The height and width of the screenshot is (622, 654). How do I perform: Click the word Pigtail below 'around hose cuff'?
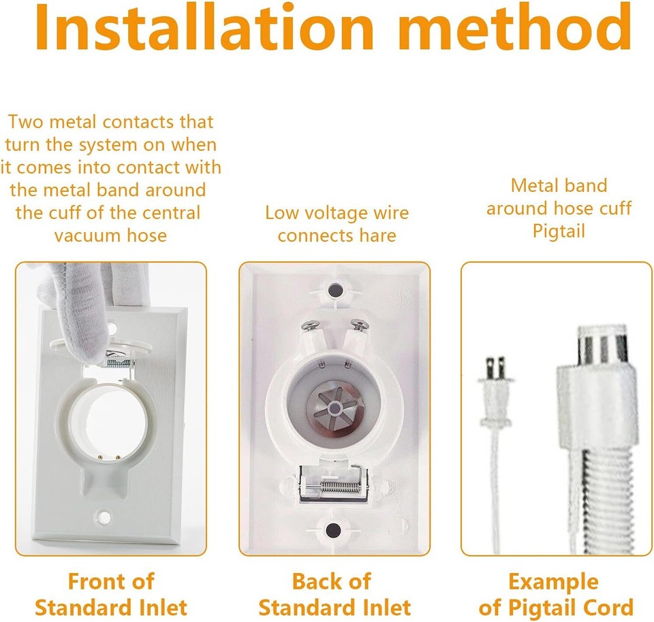coord(558,231)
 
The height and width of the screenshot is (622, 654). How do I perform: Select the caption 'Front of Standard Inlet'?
coord(110,593)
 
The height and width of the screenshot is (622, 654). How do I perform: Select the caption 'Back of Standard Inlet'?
coord(334,593)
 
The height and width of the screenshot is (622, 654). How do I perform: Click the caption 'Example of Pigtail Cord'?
coord(555,593)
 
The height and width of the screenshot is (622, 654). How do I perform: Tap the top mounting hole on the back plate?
coord(334,291)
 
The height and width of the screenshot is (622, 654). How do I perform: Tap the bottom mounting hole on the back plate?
coord(334,529)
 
